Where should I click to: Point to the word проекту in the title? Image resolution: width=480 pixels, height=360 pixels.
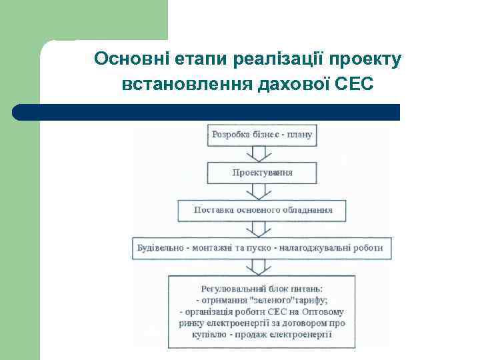coord(367,59)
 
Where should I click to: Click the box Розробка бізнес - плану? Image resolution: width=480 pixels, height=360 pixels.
coord(262,135)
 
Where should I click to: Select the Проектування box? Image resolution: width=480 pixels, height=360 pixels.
coord(262,173)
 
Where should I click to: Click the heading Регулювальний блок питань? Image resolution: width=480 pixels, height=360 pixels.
coord(262,289)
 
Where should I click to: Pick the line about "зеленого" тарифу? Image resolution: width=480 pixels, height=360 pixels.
coord(262,300)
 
